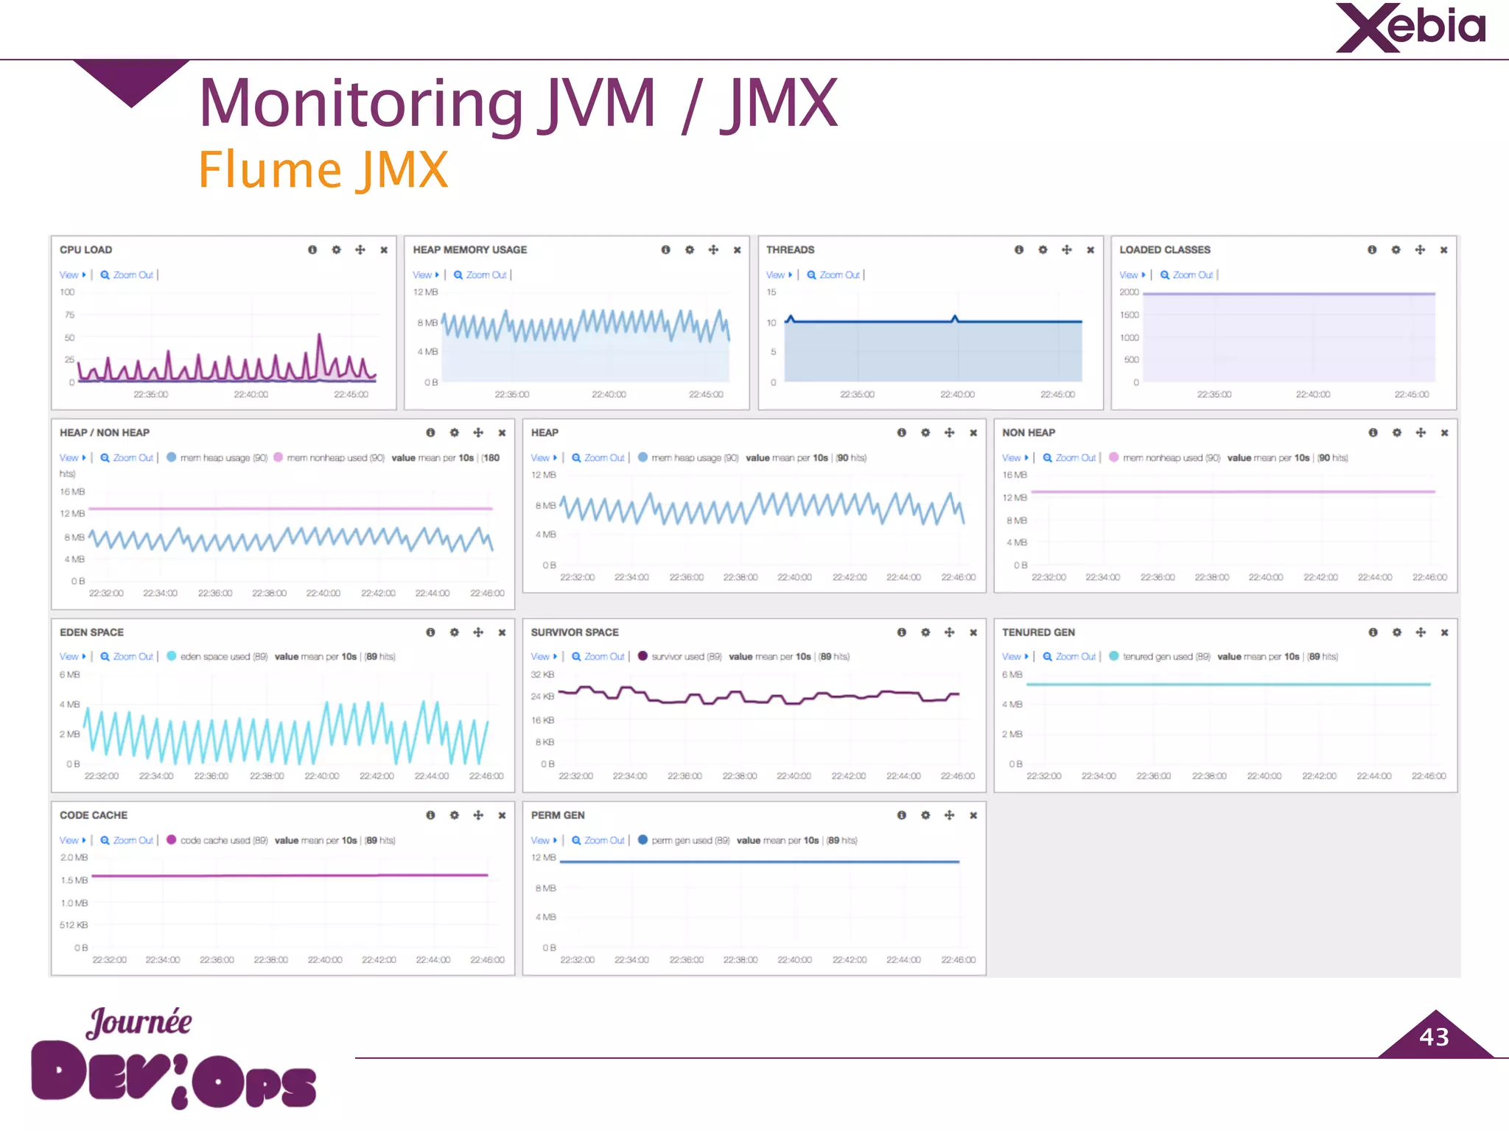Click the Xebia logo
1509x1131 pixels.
pos(1410,28)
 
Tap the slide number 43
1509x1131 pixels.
pos(1434,1037)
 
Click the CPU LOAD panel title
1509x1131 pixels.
pos(85,250)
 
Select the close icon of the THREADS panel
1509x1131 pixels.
pos(1090,250)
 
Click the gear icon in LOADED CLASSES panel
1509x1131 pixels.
pos(1396,250)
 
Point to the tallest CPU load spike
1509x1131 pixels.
pos(320,337)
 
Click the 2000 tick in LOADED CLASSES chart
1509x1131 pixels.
pos(1129,292)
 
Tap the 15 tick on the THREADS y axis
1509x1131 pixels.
pos(771,292)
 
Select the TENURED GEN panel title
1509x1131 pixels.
pos(1038,633)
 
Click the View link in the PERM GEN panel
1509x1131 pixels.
pos(541,840)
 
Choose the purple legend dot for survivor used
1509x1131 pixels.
pos(643,656)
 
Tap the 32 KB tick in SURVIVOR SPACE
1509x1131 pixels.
pos(542,674)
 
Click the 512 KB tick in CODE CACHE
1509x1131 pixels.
pos(74,925)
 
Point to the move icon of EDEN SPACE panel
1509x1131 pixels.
pos(478,633)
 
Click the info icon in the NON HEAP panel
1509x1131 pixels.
pos(1373,432)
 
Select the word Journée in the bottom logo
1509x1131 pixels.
pos(139,1022)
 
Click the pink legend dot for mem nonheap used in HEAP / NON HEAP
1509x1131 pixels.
pos(278,457)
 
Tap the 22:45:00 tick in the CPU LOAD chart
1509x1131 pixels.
pos(351,395)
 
